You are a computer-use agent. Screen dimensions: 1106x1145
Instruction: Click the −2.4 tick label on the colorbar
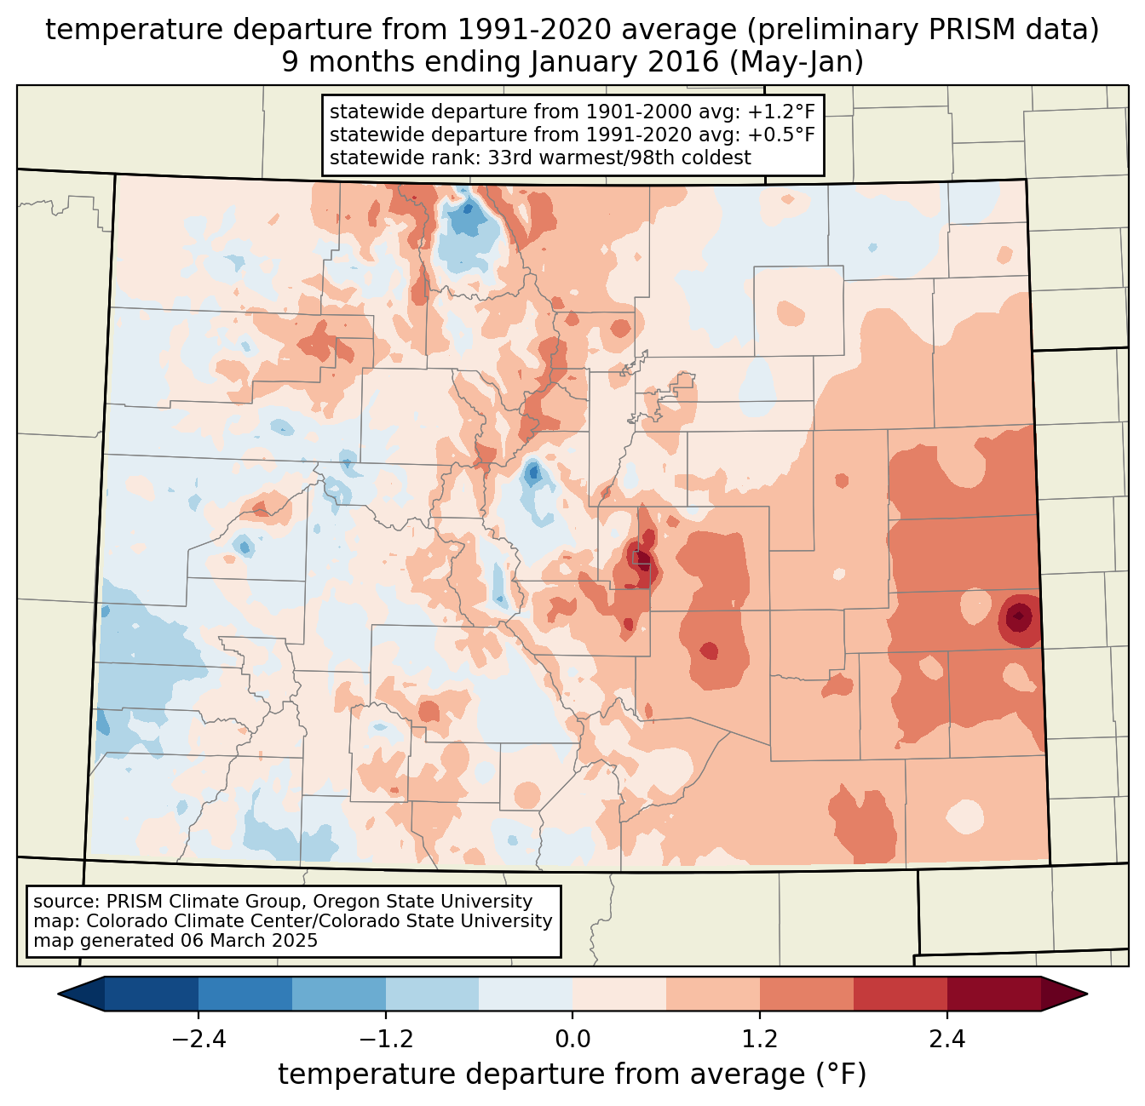pos(199,1040)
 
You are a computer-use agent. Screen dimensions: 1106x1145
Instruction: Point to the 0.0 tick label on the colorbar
pos(572,1040)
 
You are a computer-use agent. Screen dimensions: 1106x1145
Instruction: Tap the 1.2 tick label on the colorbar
pos(760,1040)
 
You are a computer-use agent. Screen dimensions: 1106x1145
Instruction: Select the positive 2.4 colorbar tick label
pos(946,1040)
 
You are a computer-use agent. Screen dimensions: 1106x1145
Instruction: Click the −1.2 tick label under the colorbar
pos(386,1040)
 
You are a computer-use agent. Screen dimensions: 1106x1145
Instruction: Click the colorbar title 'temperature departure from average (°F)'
pos(572,1074)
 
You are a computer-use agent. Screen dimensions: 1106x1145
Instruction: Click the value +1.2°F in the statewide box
pos(781,112)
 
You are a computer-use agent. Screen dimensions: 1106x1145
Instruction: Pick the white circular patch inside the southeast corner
pos(964,816)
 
